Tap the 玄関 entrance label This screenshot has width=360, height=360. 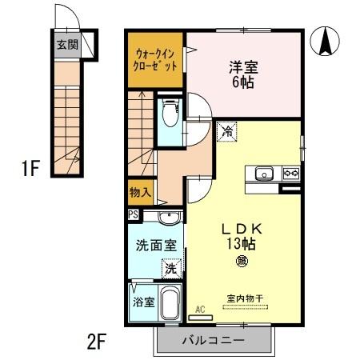(66, 43)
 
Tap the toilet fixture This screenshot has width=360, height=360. (169, 117)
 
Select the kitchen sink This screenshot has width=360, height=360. (264, 173)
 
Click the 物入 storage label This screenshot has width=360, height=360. (140, 192)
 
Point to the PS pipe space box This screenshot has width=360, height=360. (133, 214)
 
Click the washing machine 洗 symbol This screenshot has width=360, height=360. (171, 270)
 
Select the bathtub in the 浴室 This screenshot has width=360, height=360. (170, 305)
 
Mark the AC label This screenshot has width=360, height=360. (201, 306)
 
